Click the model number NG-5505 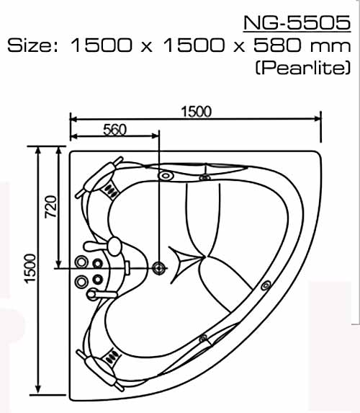coord(297,22)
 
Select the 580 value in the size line coord(276,45)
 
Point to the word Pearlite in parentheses coord(303,68)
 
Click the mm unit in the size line coord(330,47)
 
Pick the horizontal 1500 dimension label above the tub coord(197,112)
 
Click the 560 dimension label coord(114,130)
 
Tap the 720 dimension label coord(51,206)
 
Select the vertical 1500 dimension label coord(30,268)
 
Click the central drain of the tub coord(159,268)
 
